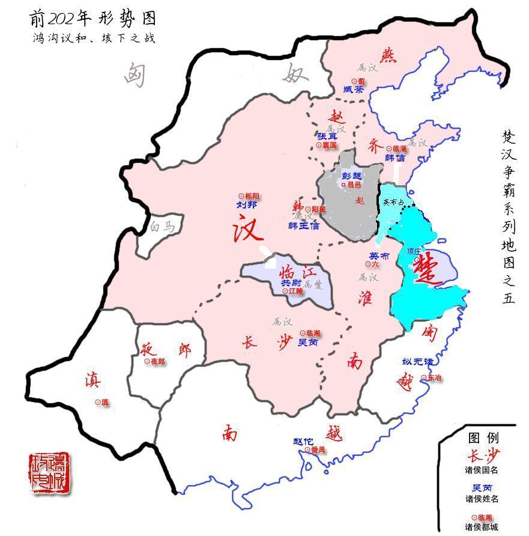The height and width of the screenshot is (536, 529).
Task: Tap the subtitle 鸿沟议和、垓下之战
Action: coord(94,38)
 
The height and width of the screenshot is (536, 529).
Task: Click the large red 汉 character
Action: coord(247,230)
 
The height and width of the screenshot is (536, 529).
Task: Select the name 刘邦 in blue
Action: coord(246,205)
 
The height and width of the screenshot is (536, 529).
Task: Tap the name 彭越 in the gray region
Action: coord(352,176)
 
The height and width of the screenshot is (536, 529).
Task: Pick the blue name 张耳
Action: coord(327,136)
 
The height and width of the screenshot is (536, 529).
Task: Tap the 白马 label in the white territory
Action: coord(163,227)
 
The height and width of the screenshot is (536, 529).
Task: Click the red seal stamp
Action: coord(49,473)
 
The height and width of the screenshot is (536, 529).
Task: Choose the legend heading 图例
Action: coord(483,437)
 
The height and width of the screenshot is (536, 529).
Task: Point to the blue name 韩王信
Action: coord(304,226)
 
